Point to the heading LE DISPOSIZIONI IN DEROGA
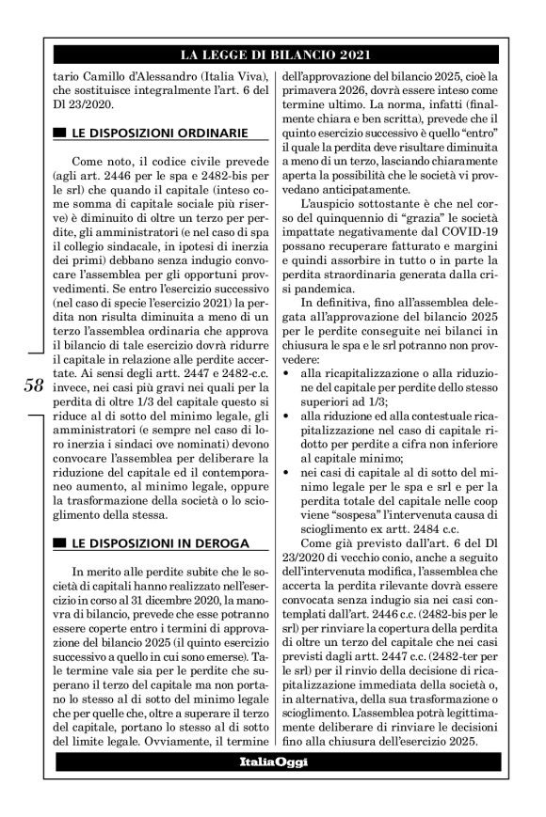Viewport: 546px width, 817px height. [157, 542]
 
